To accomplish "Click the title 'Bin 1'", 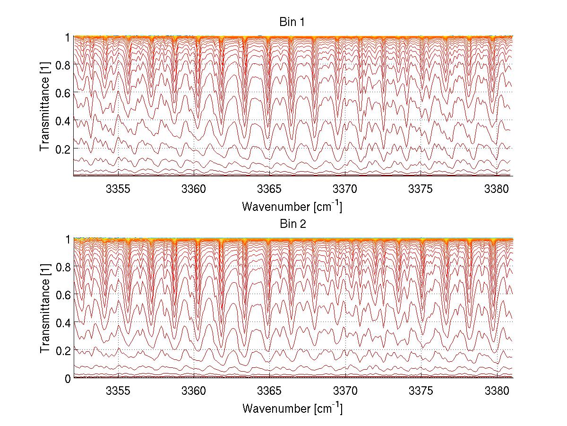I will click(292, 22).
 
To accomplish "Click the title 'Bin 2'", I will click(292, 224).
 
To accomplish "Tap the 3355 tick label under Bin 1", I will click(118, 189).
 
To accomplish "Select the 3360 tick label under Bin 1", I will click(194, 189).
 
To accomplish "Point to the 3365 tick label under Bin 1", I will click(269, 189).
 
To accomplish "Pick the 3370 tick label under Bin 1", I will click(345, 189).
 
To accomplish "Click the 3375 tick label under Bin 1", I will click(421, 189).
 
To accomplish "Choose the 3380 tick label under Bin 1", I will click(497, 189).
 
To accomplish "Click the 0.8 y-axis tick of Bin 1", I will click(63, 65).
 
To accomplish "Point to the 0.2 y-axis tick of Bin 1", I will click(63, 148).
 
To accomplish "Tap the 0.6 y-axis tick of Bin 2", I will click(63, 295).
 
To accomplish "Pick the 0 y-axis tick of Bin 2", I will click(68, 378).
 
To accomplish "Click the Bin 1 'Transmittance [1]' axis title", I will click(45, 106).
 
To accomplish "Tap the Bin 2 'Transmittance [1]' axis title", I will click(45, 308).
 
